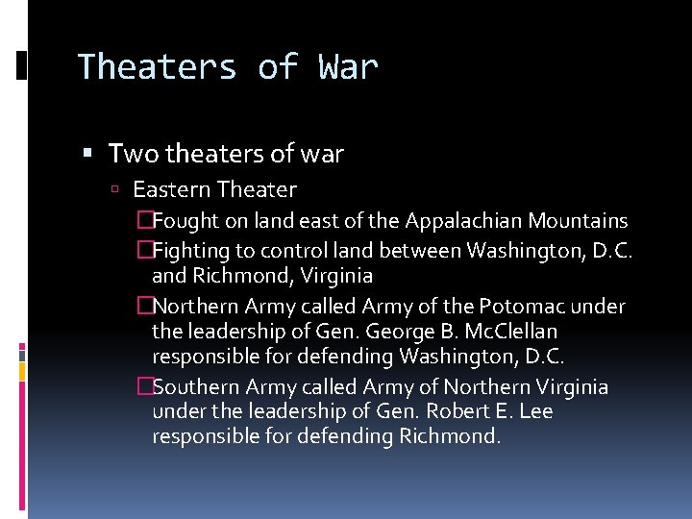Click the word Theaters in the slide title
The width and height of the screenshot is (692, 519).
pyautogui.click(x=156, y=67)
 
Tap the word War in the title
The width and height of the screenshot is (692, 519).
pyautogui.click(x=347, y=67)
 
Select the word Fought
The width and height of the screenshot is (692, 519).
pyautogui.click(x=186, y=221)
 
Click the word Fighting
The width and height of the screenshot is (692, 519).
pyautogui.click(x=193, y=252)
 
